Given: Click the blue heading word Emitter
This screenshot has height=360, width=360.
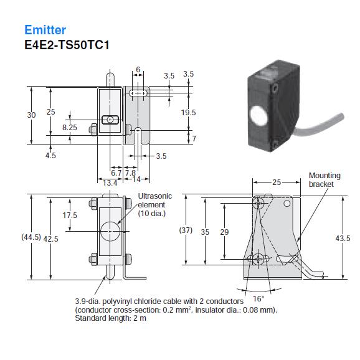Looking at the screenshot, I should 45,29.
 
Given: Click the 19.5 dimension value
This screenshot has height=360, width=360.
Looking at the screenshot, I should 188,113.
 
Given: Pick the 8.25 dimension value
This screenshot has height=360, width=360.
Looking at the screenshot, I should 69,127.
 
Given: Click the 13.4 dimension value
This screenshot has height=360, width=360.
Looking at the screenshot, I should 110,182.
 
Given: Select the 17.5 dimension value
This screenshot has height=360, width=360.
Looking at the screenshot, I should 70,215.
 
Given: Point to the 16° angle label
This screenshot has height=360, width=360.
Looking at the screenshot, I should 258,298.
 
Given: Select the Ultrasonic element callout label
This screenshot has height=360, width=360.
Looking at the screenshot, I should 154,204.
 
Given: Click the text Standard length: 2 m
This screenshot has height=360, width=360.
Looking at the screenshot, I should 110,318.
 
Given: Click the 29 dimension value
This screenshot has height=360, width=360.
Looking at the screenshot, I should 224,232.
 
